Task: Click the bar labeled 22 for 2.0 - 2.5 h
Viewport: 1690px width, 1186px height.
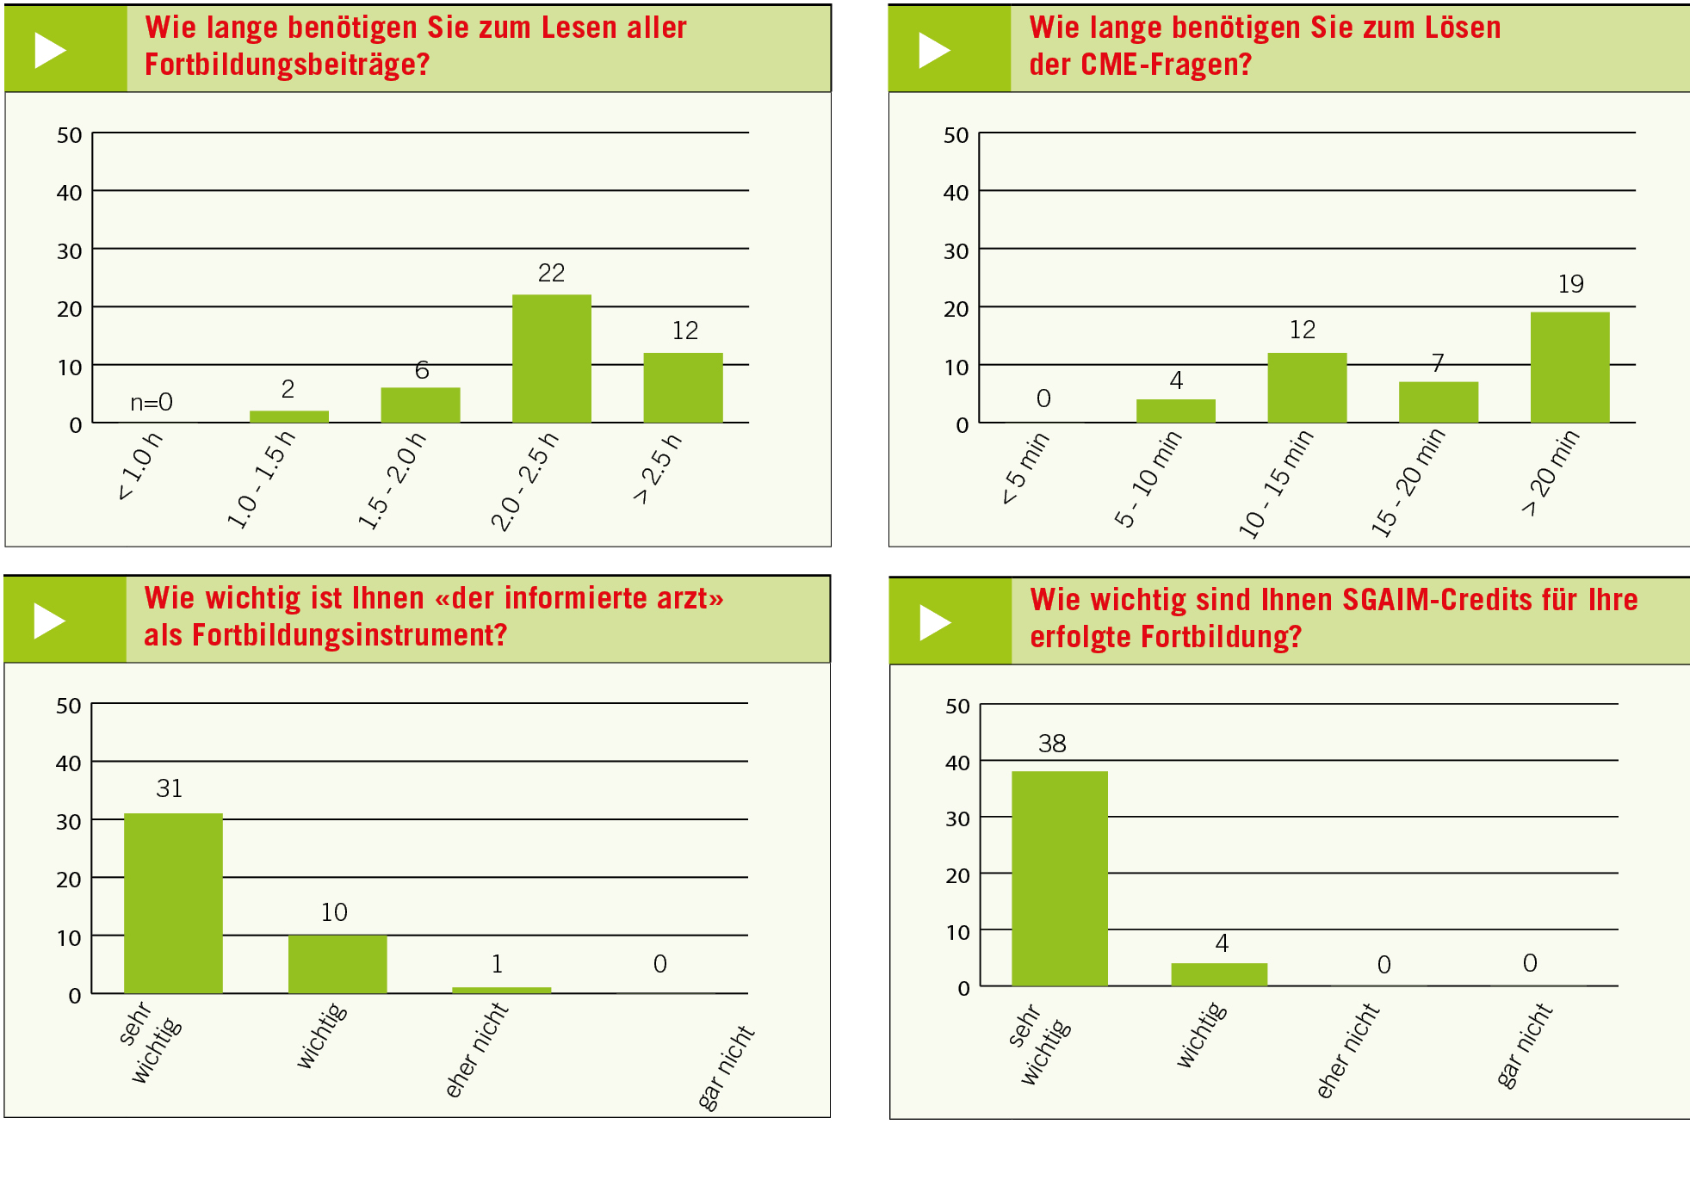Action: (x=551, y=358)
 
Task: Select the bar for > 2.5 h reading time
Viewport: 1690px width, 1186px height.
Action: (x=683, y=387)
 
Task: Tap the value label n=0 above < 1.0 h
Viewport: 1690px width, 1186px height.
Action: (x=152, y=402)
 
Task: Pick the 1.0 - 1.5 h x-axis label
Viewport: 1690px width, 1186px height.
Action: (x=260, y=479)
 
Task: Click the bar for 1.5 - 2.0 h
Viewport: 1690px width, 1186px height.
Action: (x=420, y=405)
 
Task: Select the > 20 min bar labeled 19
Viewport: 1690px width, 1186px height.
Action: (x=1569, y=367)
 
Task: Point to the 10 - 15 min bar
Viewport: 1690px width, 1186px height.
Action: (x=1306, y=387)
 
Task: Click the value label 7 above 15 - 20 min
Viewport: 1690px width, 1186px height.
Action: (x=1437, y=363)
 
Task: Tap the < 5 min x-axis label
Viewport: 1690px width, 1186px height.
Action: (x=1025, y=467)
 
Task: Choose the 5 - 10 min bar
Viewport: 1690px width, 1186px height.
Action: (x=1175, y=411)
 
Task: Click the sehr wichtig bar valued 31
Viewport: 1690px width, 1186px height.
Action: (x=173, y=903)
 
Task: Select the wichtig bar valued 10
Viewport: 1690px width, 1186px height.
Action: (x=337, y=964)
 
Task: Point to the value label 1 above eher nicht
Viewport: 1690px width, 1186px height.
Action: (x=497, y=964)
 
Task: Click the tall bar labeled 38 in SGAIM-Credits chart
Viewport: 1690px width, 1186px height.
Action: (x=1059, y=878)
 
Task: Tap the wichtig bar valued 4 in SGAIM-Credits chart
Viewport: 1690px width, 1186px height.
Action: (x=1218, y=974)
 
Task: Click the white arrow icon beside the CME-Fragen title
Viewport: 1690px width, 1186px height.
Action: (x=933, y=50)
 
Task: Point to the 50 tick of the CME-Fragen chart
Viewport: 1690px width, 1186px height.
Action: (x=956, y=135)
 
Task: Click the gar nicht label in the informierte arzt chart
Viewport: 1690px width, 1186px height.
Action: (x=725, y=1067)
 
